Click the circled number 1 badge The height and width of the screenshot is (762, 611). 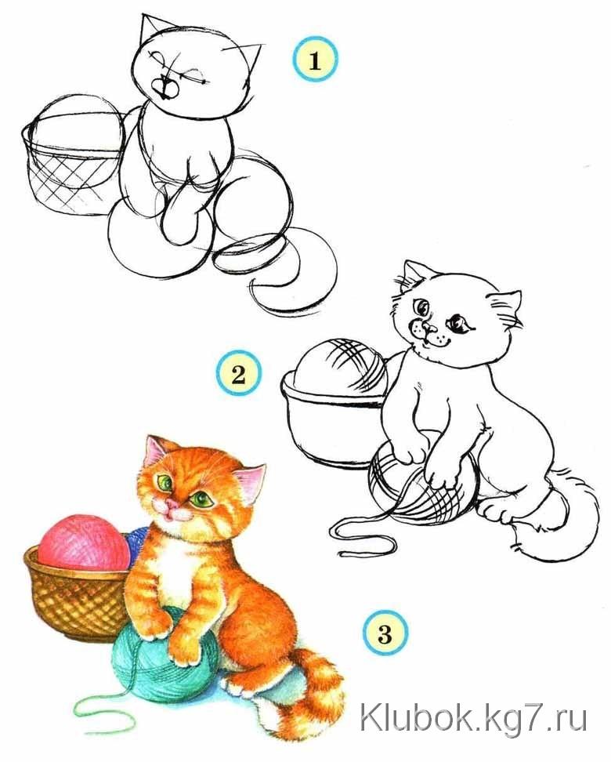pyautogui.click(x=315, y=60)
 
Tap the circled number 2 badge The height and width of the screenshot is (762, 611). pyautogui.click(x=238, y=373)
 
